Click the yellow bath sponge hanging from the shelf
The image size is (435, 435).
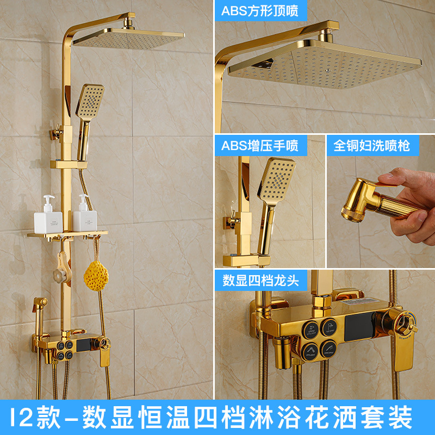tap(95, 275)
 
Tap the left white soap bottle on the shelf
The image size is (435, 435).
tap(46, 216)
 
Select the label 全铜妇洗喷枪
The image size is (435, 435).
tap(372, 145)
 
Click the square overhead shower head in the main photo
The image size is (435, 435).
tap(130, 38)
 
